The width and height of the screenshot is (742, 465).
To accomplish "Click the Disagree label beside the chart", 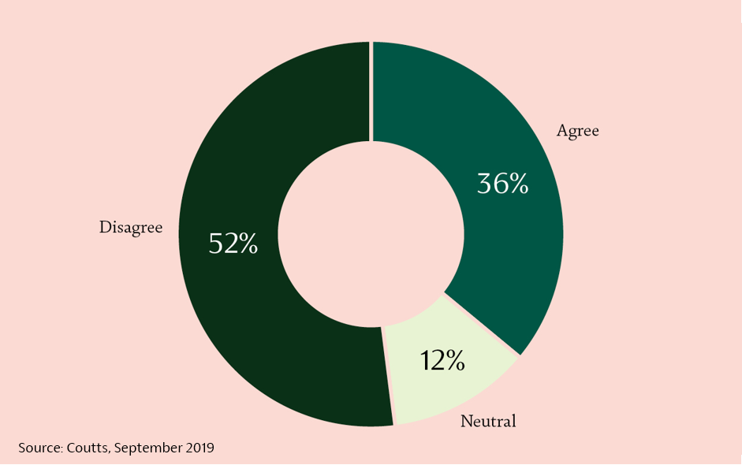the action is [131, 228].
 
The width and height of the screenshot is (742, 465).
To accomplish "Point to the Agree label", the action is [577, 131].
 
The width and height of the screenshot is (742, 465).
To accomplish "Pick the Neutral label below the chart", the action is [488, 421].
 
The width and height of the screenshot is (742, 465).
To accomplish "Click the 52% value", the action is [233, 244].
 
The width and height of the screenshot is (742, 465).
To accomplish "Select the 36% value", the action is [502, 184].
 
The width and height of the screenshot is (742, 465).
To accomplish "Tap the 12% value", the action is [442, 360].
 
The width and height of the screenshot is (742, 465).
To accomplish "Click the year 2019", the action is [199, 448].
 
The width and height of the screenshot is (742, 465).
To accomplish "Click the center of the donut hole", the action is [371, 234].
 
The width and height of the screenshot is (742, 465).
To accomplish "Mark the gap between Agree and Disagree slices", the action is [371, 91].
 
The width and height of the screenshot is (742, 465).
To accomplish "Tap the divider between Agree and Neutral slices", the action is [482, 325].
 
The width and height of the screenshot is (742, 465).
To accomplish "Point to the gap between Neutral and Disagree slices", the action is [388, 376].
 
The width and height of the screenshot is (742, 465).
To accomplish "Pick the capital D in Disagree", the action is [105, 228].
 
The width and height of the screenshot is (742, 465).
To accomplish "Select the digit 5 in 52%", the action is [215, 244].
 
